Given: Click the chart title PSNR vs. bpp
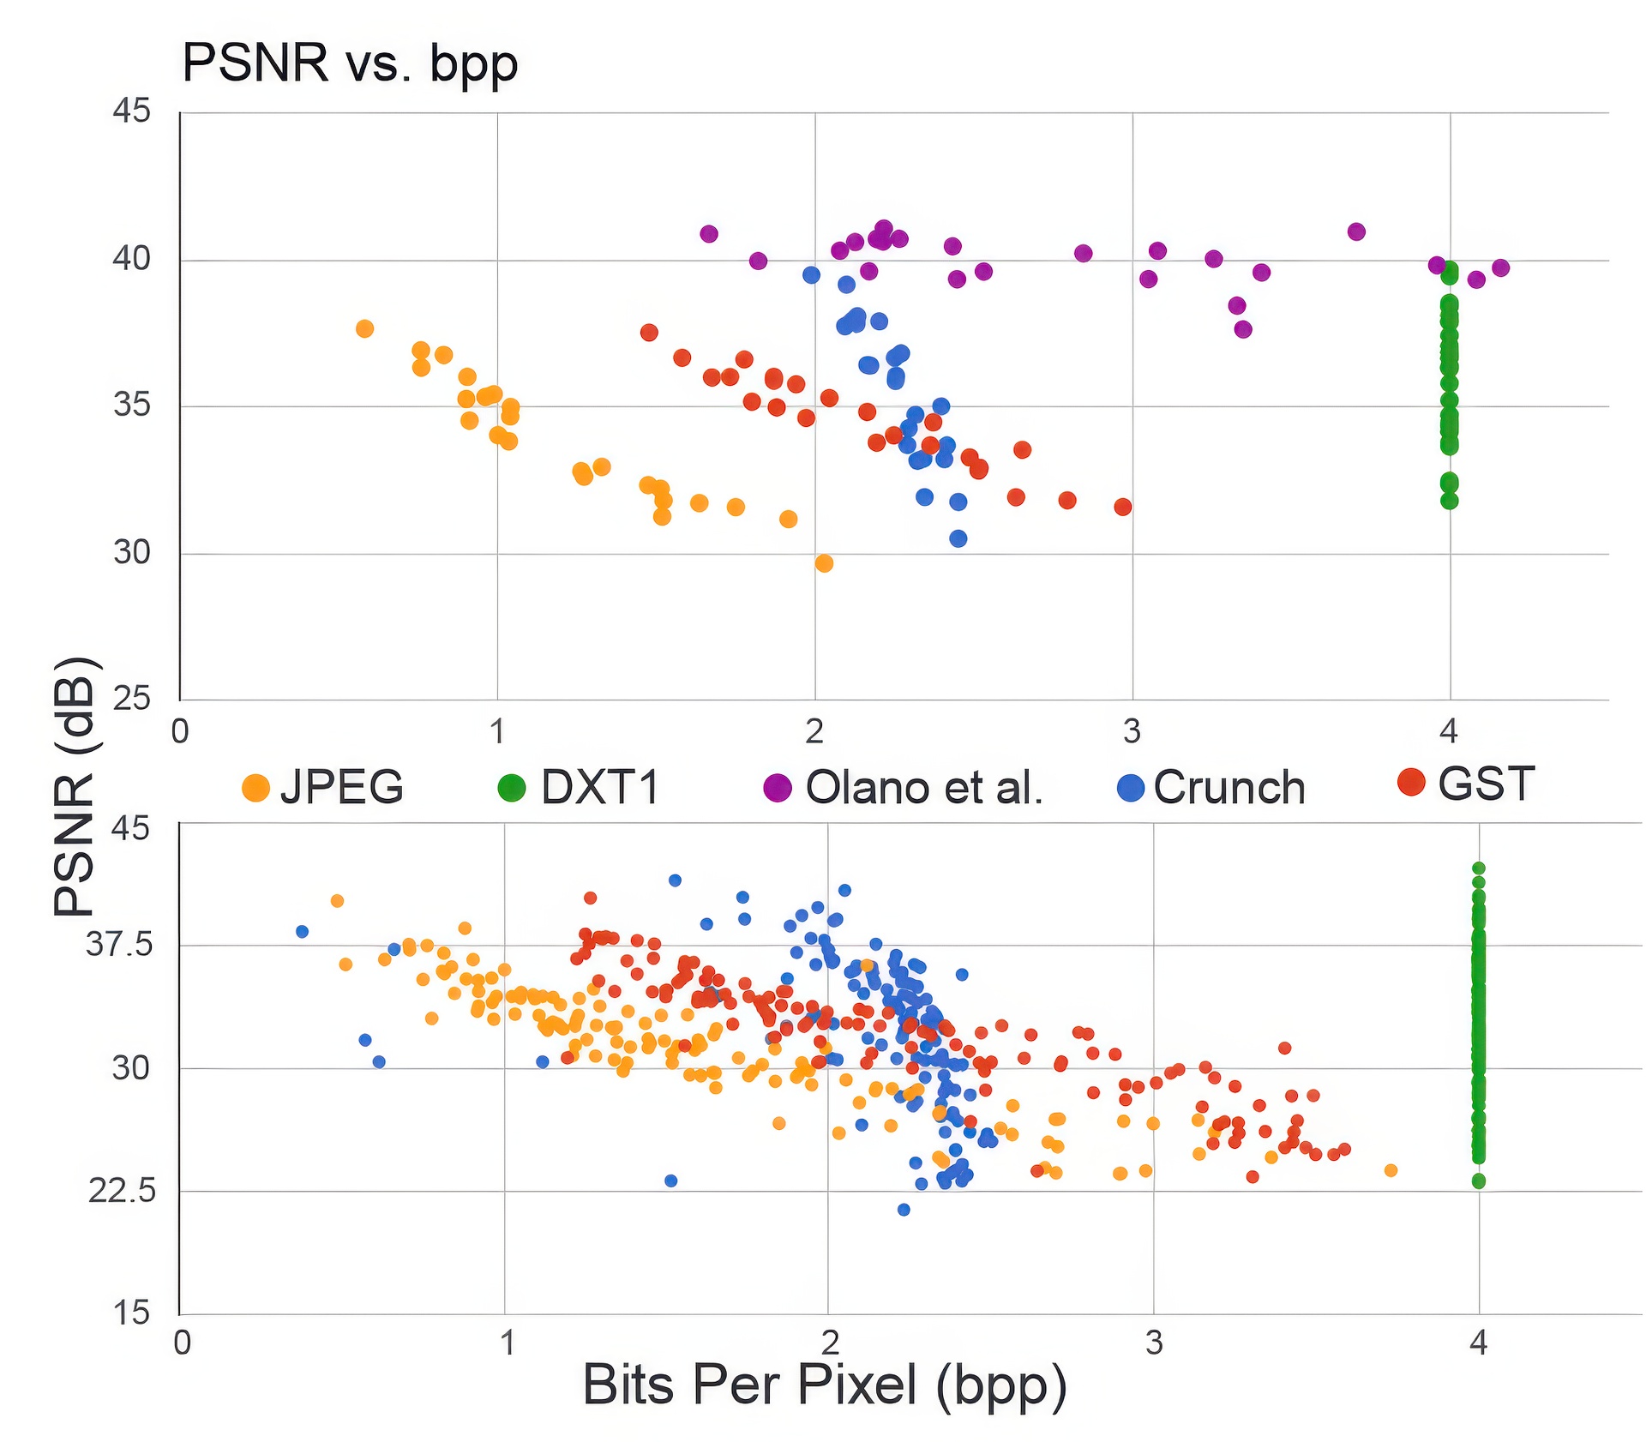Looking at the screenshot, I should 350,63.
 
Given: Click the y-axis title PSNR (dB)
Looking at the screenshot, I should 75,786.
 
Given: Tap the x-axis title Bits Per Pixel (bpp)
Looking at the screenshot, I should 824,1385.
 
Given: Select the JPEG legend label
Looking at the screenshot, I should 341,787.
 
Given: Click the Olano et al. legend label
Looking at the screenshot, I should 924,787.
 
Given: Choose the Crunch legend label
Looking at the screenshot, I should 1228,787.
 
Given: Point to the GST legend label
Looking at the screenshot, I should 1486,784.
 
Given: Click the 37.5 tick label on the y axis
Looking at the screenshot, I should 119,946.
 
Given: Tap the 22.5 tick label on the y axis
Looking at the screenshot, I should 122,1191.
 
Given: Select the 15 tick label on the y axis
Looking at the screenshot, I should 130,1313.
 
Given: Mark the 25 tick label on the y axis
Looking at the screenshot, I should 131,699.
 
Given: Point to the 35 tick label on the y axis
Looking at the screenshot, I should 131,405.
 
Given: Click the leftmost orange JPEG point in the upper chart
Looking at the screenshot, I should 364,328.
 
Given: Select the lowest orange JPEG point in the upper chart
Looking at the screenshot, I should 824,563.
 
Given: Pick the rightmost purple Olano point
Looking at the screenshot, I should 1500,268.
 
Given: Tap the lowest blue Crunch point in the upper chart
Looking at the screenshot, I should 958,538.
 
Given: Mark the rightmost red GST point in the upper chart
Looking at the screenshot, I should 1122,507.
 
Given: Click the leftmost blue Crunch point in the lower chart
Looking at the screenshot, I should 302,931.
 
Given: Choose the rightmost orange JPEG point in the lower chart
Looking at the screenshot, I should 1391,1170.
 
